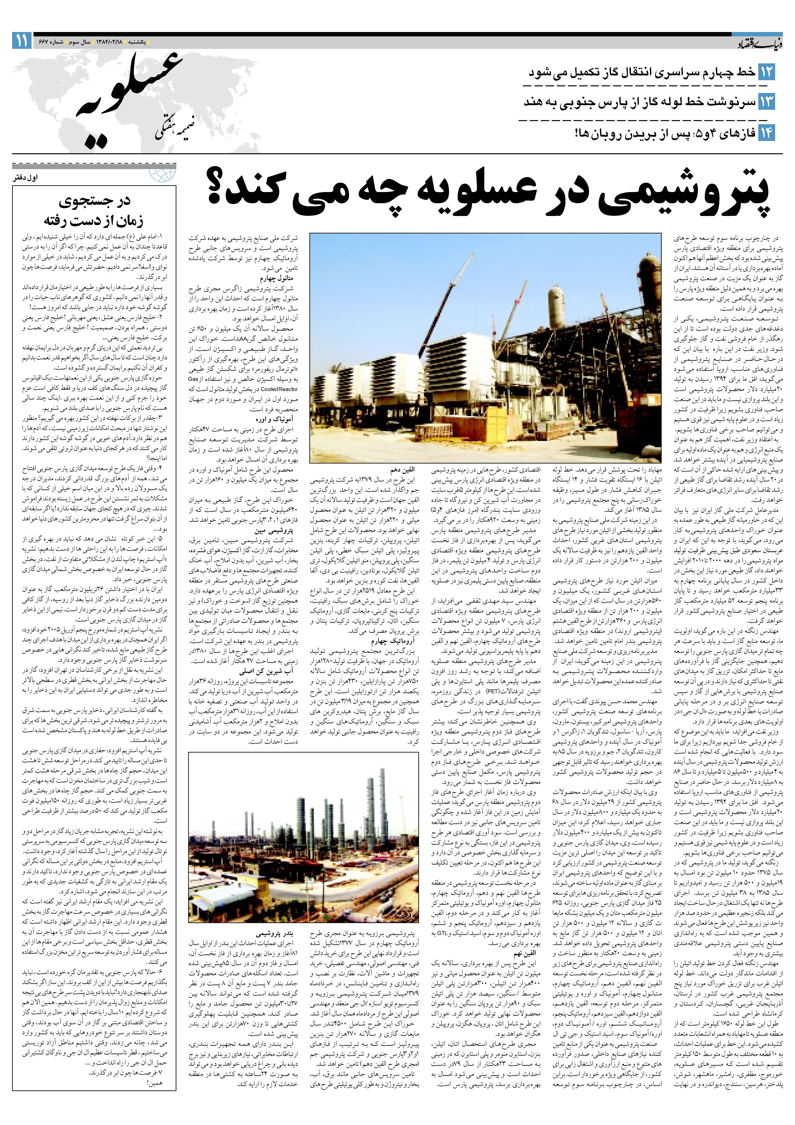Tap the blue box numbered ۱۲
tap(767, 72)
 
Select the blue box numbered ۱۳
tap(767, 102)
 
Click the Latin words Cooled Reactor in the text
tap(279, 389)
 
